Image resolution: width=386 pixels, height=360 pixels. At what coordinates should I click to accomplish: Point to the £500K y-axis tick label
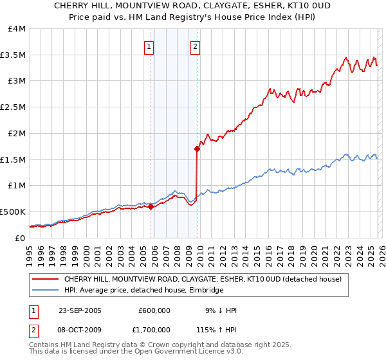click(13, 212)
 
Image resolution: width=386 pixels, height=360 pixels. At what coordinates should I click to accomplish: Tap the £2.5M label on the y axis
click(13, 107)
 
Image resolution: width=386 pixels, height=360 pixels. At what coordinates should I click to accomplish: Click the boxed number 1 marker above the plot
click(149, 46)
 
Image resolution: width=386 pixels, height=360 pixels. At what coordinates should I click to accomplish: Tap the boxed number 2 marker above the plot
click(194, 46)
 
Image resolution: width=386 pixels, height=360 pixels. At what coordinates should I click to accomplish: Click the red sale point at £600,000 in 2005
click(151, 206)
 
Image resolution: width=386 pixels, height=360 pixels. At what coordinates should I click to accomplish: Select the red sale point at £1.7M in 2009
click(197, 149)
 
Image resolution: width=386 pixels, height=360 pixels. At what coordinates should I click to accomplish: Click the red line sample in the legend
click(46, 279)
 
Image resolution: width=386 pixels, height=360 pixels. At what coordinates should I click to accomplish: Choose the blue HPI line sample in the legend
click(46, 291)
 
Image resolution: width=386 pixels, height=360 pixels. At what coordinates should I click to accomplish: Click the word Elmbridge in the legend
click(205, 291)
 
